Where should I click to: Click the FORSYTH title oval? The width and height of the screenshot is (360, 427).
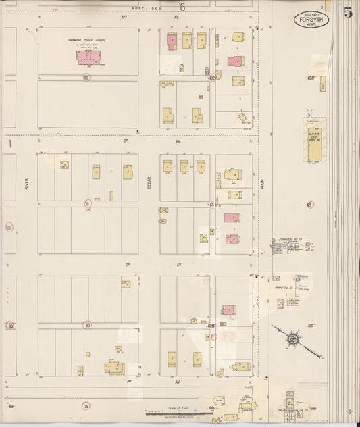click(307, 19)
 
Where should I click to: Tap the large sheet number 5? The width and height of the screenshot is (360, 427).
click(347, 13)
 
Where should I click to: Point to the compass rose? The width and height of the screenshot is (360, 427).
click(294, 336)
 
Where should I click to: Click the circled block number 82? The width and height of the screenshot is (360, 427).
click(86, 78)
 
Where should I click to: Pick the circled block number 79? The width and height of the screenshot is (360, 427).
click(86, 406)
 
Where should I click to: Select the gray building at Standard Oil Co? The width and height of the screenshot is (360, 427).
click(277, 249)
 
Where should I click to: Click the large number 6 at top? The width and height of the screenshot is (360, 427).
click(182, 7)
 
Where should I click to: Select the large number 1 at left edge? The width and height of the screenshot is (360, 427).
click(10, 144)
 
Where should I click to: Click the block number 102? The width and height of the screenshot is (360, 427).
click(211, 78)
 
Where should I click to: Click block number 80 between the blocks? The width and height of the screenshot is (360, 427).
click(87, 325)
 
